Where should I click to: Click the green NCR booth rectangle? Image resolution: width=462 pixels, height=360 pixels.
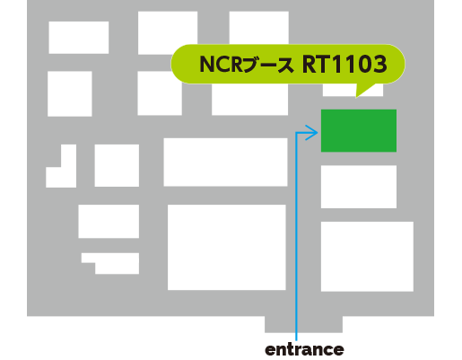(x=359, y=130)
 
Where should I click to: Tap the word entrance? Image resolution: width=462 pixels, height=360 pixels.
(x=304, y=349)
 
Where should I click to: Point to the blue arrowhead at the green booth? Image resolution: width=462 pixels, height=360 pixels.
(x=312, y=132)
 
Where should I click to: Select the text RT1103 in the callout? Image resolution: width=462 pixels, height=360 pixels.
(x=344, y=64)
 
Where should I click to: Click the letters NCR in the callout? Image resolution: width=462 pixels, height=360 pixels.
(x=221, y=64)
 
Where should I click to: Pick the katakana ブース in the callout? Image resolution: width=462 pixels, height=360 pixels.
(x=268, y=65)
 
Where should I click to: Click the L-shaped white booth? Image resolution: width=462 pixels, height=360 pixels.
(x=68, y=177)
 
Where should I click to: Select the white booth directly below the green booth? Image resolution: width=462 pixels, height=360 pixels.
(x=359, y=187)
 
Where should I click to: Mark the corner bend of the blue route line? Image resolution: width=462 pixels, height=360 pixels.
(x=296, y=133)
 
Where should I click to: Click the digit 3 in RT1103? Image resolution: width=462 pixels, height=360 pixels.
(x=379, y=64)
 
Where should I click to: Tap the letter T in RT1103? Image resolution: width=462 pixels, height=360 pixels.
(x=324, y=64)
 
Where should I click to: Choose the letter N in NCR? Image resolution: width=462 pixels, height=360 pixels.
(x=206, y=64)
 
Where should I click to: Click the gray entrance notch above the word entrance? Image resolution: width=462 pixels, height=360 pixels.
(x=303, y=324)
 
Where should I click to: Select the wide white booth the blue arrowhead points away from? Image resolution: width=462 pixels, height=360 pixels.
(x=225, y=162)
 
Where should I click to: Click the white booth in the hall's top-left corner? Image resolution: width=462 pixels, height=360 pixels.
(x=79, y=38)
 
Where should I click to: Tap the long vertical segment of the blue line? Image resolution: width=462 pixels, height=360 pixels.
(x=296, y=236)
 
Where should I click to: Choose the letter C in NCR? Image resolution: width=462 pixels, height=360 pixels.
(x=222, y=64)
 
